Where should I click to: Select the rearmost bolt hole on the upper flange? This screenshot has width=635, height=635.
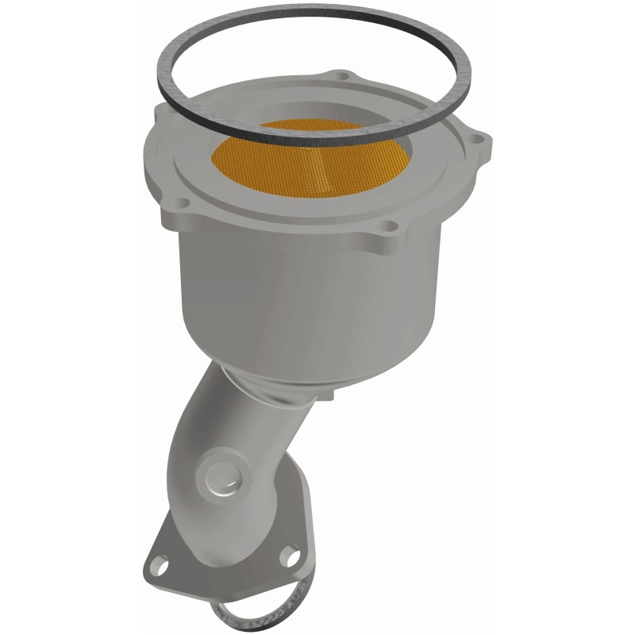(342, 76)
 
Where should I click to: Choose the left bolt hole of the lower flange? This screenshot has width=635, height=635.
(162, 568)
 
